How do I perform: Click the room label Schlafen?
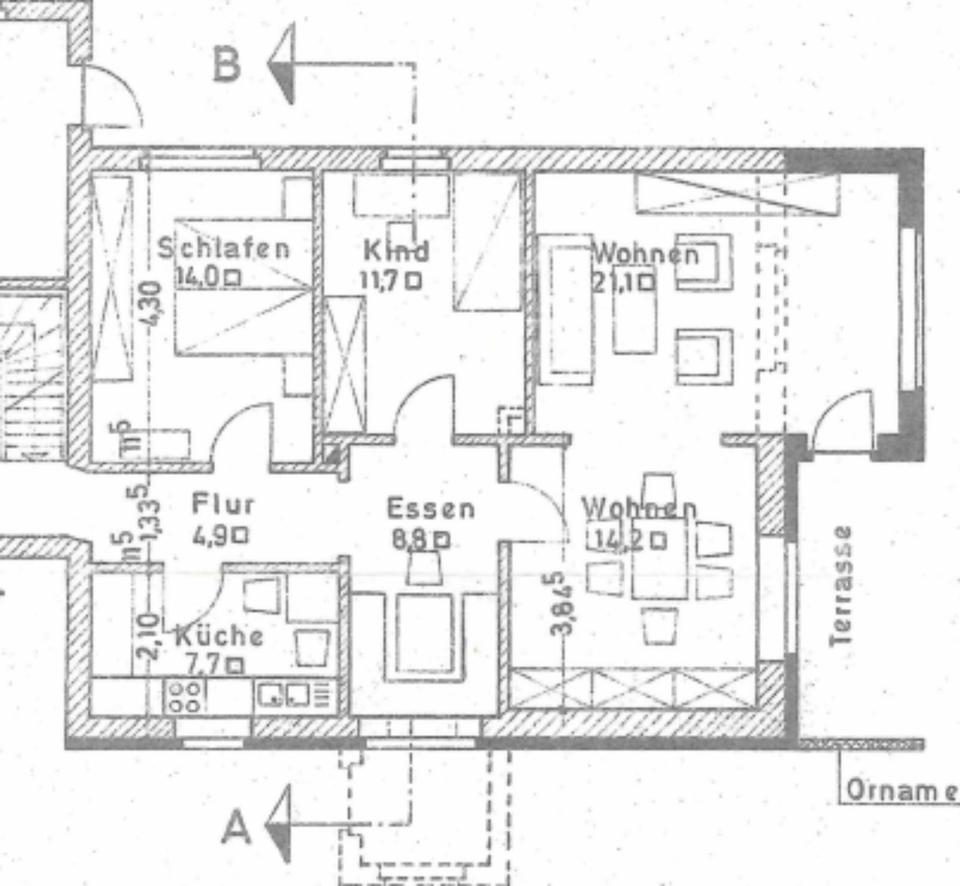(225, 249)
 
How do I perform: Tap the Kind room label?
(396, 250)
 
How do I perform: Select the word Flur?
(223, 504)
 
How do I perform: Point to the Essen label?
(431, 508)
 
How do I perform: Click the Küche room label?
(219, 635)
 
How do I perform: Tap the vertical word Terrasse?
(843, 585)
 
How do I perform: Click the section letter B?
(227, 65)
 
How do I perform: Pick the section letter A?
(236, 828)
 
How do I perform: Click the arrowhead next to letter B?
(282, 65)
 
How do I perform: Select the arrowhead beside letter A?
(279, 823)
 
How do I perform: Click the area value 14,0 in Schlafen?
(197, 279)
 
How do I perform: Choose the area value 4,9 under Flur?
(212, 535)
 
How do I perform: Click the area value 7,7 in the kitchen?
(206, 663)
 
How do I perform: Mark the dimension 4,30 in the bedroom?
(150, 302)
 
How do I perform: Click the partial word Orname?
(898, 790)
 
